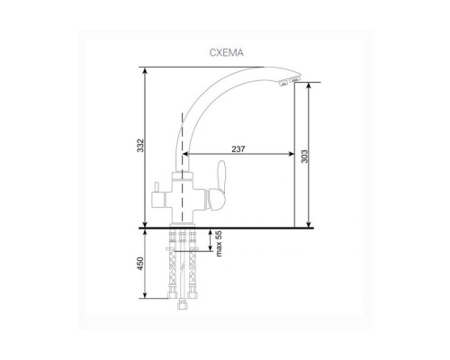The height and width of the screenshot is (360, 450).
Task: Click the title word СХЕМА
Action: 226,53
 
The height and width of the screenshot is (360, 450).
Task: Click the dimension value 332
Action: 140,146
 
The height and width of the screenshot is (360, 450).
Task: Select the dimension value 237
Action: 238,149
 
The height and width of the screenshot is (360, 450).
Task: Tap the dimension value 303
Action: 304,157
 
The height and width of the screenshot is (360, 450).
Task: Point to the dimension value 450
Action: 140,264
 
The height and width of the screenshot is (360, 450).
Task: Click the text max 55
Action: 219,244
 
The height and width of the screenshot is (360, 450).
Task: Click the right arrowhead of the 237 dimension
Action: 291,154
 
